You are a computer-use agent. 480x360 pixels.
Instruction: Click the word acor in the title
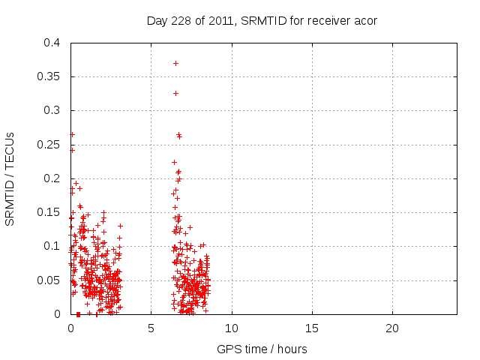(364, 20)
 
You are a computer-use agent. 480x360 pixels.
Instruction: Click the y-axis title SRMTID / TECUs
(10, 178)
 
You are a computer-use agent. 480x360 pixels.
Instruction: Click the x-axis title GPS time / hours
(262, 349)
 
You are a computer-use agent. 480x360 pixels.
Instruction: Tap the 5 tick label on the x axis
(151, 328)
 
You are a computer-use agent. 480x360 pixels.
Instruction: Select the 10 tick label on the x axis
(232, 328)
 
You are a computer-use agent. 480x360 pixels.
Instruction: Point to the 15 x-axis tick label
(312, 328)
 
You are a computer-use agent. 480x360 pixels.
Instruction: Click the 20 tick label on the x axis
(392, 328)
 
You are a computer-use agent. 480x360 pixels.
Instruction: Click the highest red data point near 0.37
(175, 63)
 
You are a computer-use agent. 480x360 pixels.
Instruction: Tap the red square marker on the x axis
(78, 314)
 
